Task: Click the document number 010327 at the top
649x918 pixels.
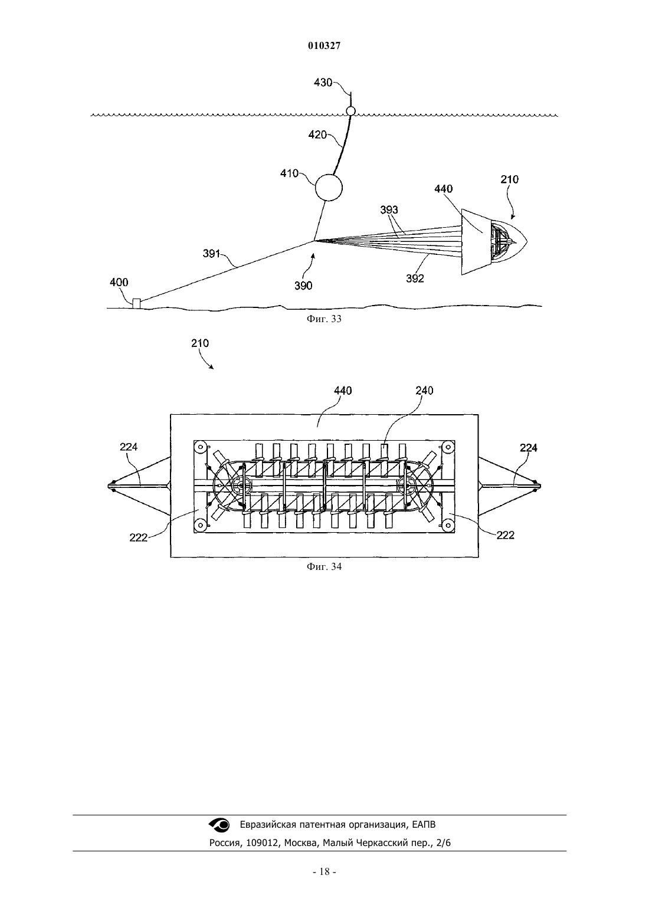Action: point(324,46)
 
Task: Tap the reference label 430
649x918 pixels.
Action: point(323,83)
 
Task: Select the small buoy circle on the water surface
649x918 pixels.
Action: point(350,111)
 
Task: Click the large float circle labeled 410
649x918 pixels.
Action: point(329,187)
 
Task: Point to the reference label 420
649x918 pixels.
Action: point(317,135)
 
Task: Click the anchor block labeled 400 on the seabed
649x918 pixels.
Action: point(136,304)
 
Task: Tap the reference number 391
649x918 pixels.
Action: point(211,254)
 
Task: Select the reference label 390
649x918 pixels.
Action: point(303,286)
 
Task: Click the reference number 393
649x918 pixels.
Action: point(389,210)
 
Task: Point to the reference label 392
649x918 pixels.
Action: point(415,278)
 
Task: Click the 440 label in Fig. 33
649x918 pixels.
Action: point(443,189)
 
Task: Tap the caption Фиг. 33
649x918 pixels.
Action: point(324,319)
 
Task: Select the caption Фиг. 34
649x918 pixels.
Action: point(324,566)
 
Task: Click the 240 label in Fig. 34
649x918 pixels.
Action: point(424,391)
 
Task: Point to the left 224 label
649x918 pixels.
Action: point(129,447)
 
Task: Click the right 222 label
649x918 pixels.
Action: point(505,535)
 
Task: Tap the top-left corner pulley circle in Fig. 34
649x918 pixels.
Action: point(201,446)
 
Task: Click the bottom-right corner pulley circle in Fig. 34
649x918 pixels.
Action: point(448,524)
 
